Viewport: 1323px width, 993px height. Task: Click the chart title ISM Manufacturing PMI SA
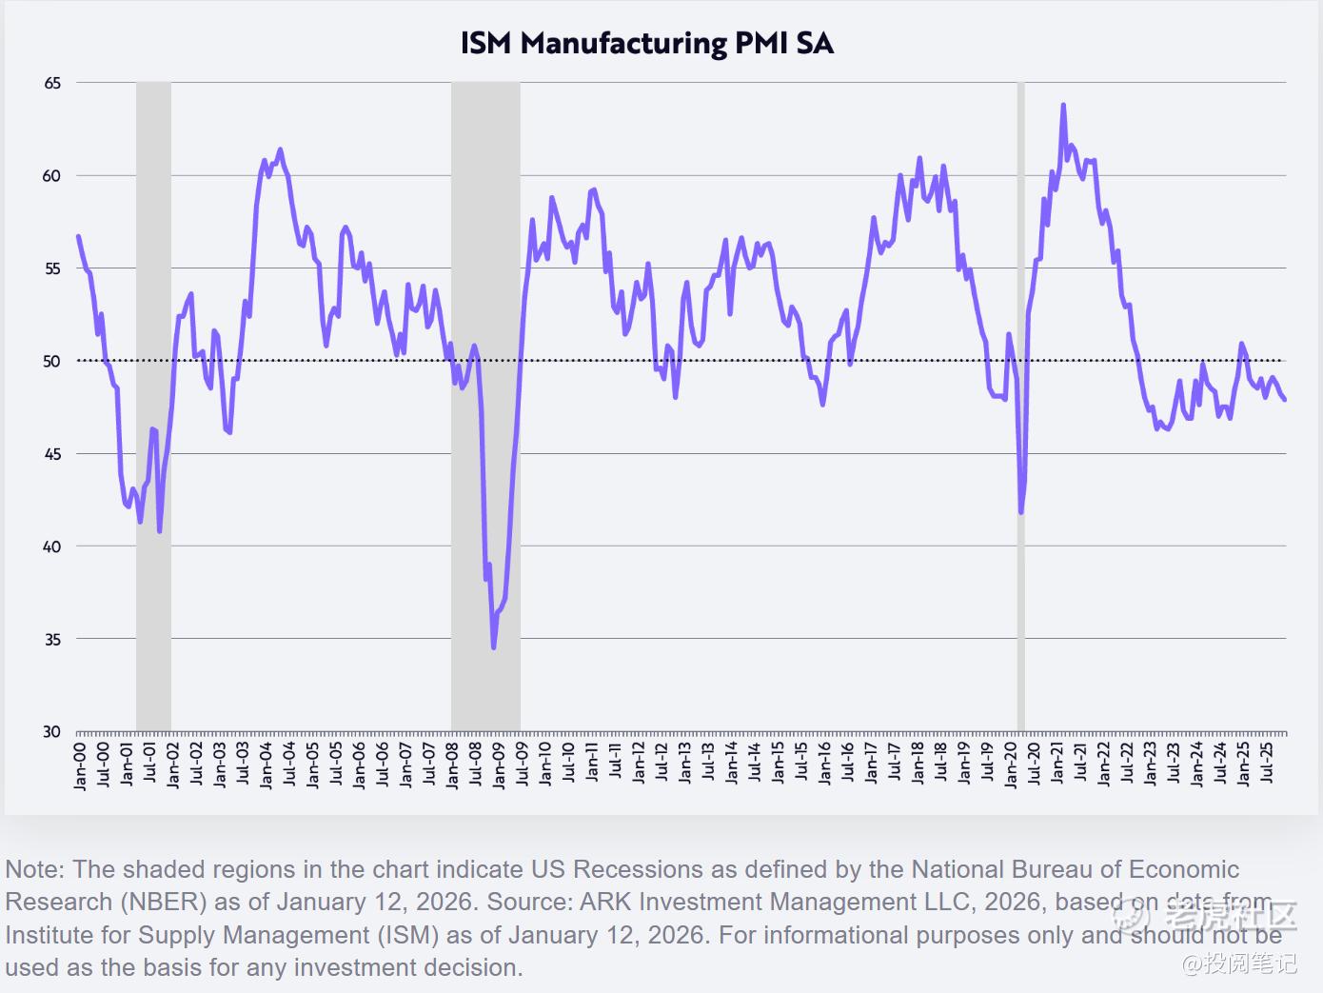click(646, 44)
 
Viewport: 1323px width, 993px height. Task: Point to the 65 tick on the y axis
click(52, 84)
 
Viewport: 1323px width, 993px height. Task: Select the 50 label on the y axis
click(52, 362)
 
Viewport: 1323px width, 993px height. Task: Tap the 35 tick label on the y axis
click(52, 640)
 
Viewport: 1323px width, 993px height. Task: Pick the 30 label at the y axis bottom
click(52, 732)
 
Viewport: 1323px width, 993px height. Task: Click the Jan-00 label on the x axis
click(80, 765)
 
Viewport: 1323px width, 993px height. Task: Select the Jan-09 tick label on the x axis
click(499, 765)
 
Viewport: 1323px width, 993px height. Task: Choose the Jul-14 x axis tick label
click(755, 765)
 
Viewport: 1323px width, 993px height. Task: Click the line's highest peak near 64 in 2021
click(1063, 106)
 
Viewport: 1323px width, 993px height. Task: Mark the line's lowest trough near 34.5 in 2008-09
click(493, 647)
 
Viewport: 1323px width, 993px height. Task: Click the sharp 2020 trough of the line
click(1021, 512)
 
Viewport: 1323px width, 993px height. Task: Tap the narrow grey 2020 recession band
click(1021, 286)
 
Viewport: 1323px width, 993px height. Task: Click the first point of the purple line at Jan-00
click(78, 236)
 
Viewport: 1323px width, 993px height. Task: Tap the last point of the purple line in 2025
click(1285, 400)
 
